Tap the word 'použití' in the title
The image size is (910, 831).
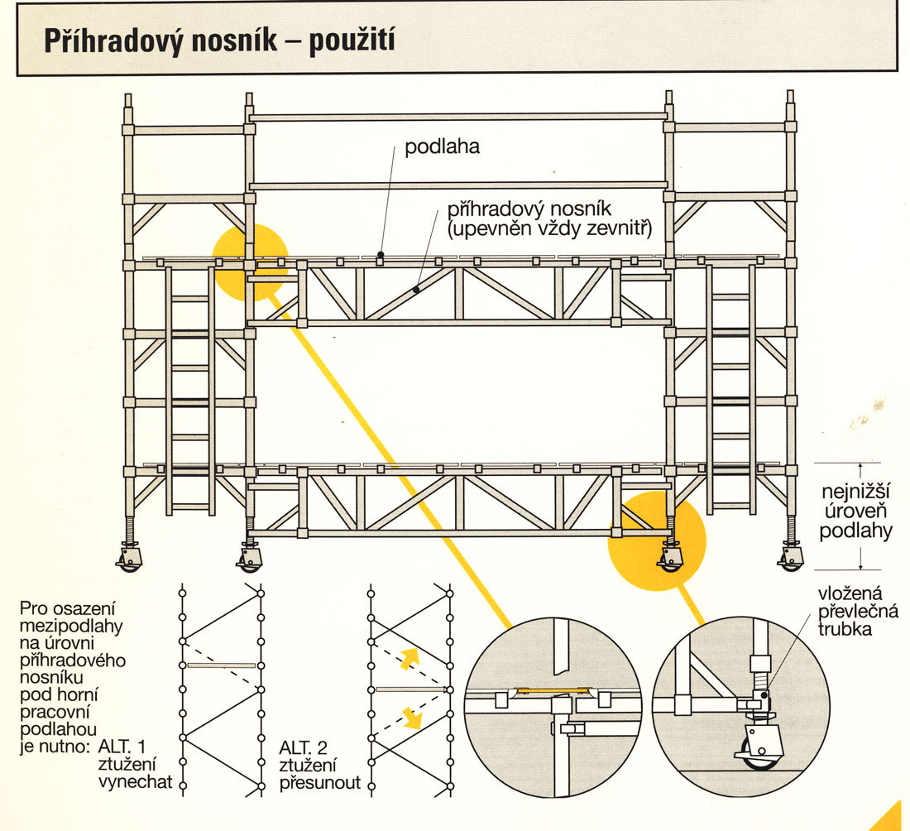(x=351, y=41)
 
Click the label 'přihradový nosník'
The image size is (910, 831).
(x=529, y=209)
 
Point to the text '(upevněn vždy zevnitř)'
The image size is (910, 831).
(x=548, y=229)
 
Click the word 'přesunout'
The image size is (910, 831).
(x=320, y=781)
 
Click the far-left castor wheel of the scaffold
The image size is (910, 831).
(x=130, y=561)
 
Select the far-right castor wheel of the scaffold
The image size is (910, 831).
(x=790, y=561)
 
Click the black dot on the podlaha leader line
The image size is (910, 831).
(x=380, y=254)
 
